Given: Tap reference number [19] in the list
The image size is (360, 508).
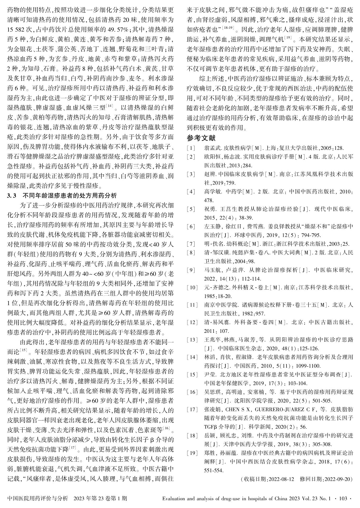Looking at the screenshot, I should click(x=192, y=453).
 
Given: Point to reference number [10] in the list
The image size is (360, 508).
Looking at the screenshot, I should click(x=192, y=288).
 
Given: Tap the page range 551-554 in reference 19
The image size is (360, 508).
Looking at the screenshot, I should click(x=213, y=470).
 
